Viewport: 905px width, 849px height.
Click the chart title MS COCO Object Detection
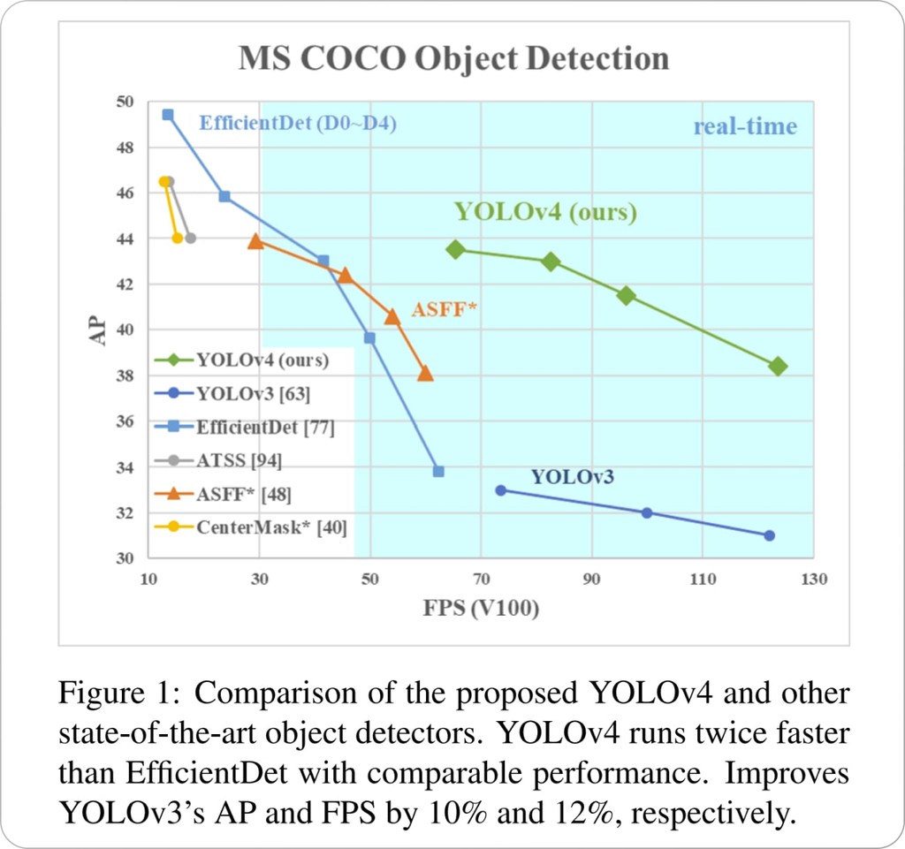click(x=453, y=58)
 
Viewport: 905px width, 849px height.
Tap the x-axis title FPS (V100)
click(x=482, y=609)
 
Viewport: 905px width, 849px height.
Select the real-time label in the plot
click(x=744, y=126)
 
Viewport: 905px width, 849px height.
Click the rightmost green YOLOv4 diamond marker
click(x=778, y=367)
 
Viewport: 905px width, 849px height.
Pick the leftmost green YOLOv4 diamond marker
click(x=455, y=250)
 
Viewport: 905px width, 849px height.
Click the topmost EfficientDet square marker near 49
click(x=168, y=115)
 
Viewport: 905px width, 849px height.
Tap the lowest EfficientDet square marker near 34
click(x=438, y=472)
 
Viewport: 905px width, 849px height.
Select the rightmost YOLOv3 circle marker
click(x=769, y=535)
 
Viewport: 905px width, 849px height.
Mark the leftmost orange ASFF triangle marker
click(x=256, y=240)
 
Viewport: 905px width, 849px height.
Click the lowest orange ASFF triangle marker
click(x=425, y=373)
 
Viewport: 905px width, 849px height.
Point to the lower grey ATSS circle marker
click(x=190, y=238)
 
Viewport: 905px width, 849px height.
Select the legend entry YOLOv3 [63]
click(x=253, y=393)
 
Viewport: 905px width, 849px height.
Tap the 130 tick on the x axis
click(x=813, y=580)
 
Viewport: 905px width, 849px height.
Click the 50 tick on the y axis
click(x=125, y=102)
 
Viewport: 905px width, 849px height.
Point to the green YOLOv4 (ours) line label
click(x=545, y=213)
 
